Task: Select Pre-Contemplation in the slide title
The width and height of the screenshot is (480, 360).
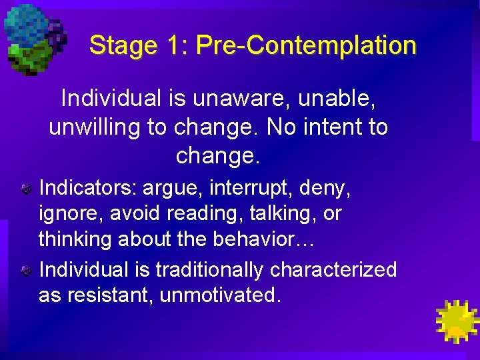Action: point(307,46)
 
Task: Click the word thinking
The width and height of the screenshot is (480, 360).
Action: point(75,239)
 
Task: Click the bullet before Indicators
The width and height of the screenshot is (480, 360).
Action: point(25,189)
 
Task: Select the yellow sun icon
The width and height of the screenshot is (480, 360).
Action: point(456,321)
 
